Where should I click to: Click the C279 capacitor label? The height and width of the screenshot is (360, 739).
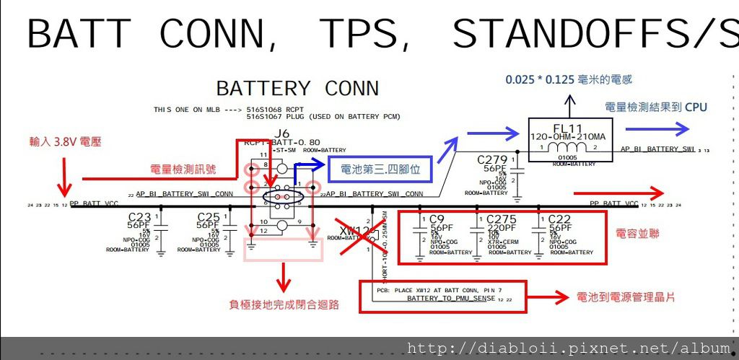click(493, 159)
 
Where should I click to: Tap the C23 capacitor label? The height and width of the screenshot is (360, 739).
click(139, 217)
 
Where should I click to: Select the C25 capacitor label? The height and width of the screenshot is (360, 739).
click(209, 217)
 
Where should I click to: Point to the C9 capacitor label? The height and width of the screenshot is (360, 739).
click(435, 219)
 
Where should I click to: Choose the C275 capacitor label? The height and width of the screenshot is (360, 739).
click(501, 219)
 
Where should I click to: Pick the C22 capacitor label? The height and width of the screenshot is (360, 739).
click(560, 219)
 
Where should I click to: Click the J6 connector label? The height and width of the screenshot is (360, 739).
click(281, 133)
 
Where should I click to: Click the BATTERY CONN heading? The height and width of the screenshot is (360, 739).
click(297, 89)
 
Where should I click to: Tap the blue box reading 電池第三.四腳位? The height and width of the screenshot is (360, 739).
click(380, 170)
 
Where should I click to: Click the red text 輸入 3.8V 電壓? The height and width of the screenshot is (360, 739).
click(66, 142)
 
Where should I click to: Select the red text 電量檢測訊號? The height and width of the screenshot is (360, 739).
click(183, 170)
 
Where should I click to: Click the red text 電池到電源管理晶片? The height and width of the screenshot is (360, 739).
click(626, 297)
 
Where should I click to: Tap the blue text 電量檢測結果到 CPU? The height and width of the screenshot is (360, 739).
click(656, 107)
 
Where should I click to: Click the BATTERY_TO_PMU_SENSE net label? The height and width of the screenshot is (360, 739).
click(451, 298)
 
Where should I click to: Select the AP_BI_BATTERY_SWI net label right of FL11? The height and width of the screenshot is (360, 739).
click(657, 149)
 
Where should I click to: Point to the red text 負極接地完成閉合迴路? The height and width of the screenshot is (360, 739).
click(284, 304)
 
